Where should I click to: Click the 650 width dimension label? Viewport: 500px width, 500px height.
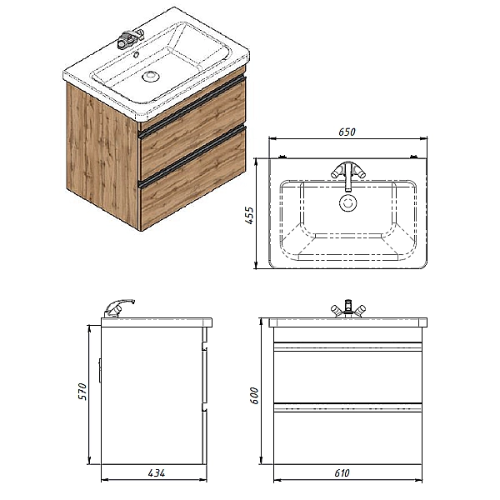tap(347, 132)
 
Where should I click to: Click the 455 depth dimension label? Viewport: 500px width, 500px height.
tap(250, 215)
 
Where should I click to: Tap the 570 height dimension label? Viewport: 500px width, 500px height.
tap(82, 392)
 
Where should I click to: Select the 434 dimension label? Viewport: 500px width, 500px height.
tap(157, 472)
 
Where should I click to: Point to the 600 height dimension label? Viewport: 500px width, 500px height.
tap(254, 395)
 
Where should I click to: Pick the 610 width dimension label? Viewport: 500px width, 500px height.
tap(342, 472)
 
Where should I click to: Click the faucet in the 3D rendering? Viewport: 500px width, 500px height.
tap(128, 38)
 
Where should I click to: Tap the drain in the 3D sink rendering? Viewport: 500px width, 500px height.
tap(151, 77)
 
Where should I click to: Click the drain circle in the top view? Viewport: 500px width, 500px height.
tap(347, 202)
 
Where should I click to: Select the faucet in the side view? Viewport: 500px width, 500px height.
tap(118, 307)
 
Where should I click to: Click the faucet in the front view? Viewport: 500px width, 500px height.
tap(347, 307)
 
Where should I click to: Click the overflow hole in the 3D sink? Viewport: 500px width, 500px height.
tap(137, 54)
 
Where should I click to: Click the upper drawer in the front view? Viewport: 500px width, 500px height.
tap(347, 372)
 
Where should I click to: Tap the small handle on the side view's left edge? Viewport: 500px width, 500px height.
tap(100, 370)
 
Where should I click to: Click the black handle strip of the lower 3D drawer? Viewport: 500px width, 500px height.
tap(193, 155)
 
